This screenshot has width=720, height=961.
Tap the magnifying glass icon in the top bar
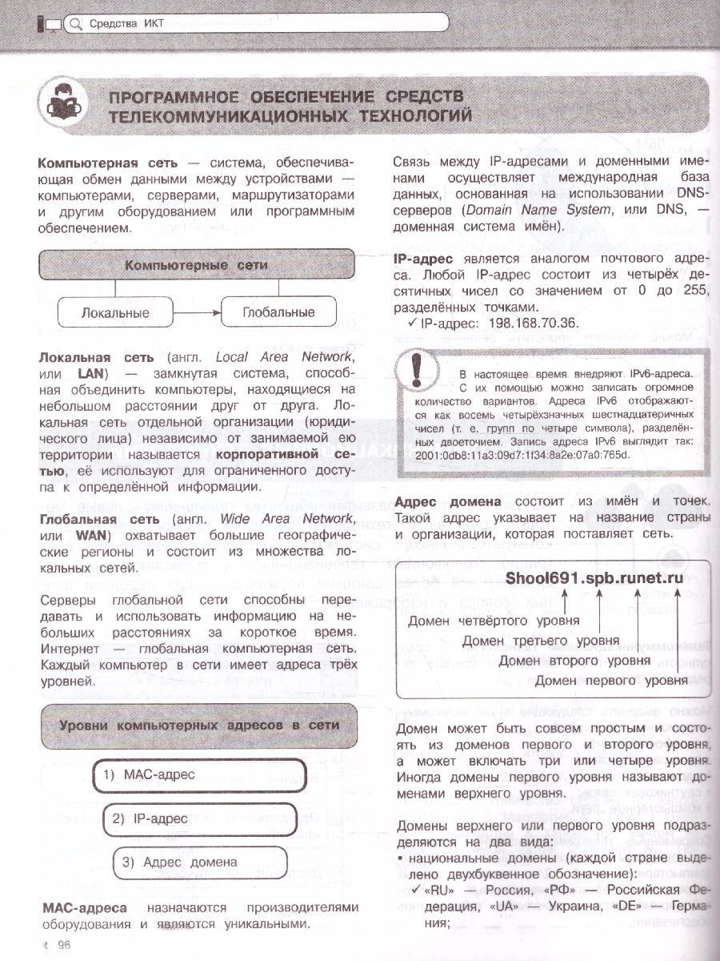point(76,24)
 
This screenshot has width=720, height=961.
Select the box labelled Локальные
point(115,312)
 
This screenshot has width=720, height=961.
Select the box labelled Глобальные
point(278,312)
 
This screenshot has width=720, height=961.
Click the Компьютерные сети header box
point(196,265)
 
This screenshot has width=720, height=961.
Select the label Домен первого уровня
point(610,681)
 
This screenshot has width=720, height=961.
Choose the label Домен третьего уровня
point(541,641)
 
